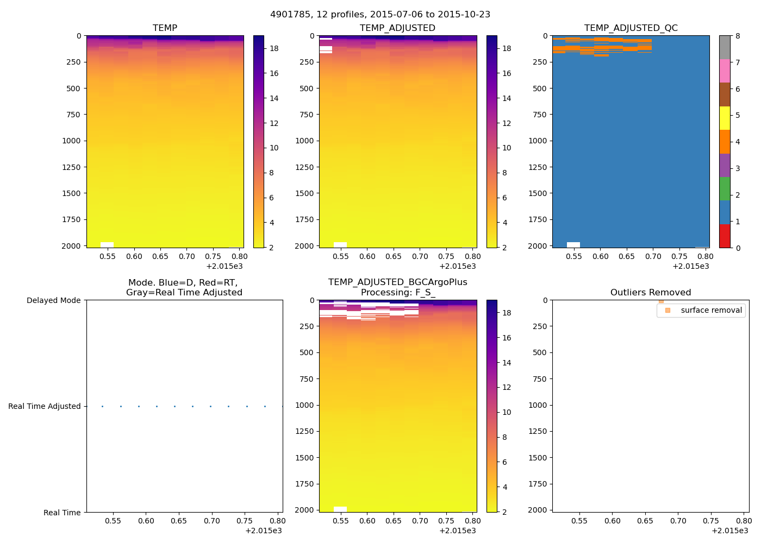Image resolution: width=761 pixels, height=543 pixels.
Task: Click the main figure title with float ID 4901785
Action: click(x=380, y=15)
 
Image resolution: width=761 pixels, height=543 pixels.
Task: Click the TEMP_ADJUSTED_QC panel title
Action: click(x=631, y=28)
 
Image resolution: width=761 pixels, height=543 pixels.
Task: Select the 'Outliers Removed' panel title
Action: click(x=650, y=293)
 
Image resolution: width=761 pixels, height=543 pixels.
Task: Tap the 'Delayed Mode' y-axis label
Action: click(x=53, y=300)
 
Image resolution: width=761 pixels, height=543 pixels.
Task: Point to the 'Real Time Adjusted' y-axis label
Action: click(x=44, y=406)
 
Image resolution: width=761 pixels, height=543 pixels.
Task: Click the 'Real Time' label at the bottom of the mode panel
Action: click(x=62, y=513)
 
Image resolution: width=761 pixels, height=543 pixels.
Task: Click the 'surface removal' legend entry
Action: click(x=711, y=311)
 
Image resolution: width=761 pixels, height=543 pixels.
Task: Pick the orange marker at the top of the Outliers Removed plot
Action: click(x=661, y=301)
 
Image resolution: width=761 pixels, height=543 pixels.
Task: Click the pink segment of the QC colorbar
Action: click(x=725, y=71)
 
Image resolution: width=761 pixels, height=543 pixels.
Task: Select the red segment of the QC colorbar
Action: click(x=725, y=236)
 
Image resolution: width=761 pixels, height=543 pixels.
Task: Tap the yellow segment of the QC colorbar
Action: click(x=725, y=118)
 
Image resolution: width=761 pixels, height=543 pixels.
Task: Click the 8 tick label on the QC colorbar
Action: click(x=738, y=36)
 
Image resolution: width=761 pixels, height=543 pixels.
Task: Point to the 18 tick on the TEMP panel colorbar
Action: click(x=274, y=48)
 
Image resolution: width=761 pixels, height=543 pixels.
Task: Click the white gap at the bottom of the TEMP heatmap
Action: click(x=107, y=245)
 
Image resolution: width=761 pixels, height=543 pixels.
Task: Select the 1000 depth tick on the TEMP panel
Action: click(x=71, y=141)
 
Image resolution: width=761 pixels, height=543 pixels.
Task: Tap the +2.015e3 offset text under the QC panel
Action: click(x=690, y=266)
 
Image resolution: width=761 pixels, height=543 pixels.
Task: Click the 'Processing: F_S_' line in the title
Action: click(x=398, y=293)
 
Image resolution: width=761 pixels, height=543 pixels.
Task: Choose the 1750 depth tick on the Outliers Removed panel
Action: click(x=538, y=484)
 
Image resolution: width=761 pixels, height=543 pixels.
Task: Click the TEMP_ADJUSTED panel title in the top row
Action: click(x=397, y=28)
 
